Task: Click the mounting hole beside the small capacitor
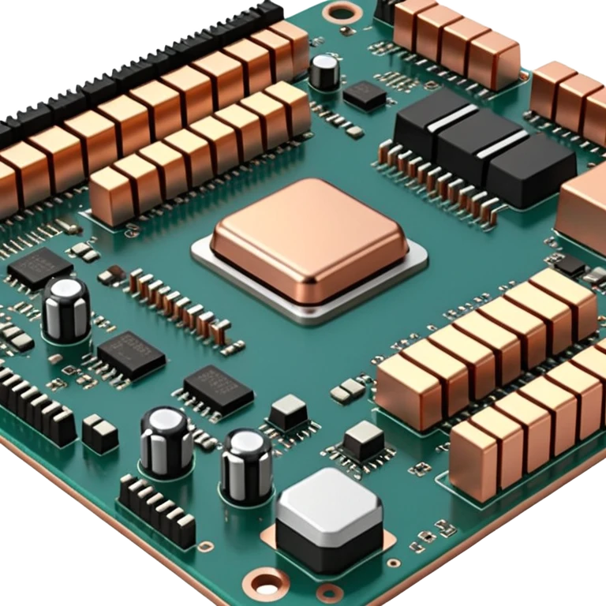[343, 11]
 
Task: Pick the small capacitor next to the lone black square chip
[324, 71]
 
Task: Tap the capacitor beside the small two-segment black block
[165, 440]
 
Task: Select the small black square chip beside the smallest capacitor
[365, 95]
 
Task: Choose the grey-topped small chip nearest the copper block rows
[364, 436]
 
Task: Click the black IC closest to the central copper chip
[219, 389]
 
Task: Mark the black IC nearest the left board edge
[39, 267]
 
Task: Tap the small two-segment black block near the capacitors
[100, 433]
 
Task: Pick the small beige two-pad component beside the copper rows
[346, 388]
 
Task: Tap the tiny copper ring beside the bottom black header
[206, 545]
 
